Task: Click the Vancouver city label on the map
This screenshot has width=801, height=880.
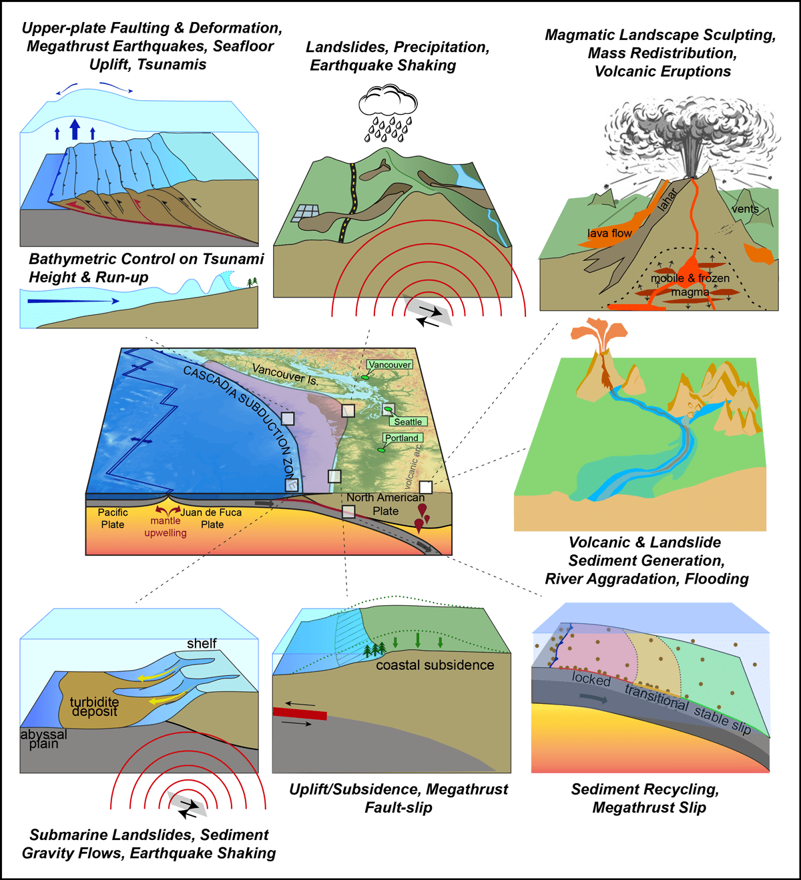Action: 390,365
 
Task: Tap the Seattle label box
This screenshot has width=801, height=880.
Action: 408,422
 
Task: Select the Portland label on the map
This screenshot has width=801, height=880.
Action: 402,438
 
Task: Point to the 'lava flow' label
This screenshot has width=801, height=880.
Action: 609,234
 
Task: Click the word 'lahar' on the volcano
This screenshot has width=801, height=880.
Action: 667,199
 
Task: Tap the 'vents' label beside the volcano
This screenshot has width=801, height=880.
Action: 745,209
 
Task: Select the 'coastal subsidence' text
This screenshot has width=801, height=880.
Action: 435,665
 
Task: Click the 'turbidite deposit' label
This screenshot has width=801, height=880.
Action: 95,707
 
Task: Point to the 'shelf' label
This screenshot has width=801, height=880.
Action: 202,643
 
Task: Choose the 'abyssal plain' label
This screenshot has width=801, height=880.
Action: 43,739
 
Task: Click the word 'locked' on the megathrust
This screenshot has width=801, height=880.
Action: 591,679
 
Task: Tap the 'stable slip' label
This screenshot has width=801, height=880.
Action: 722,720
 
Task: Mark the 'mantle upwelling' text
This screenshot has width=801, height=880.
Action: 166,526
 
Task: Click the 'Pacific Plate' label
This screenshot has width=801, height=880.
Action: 113,518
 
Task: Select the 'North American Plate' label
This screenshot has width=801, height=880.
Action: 385,504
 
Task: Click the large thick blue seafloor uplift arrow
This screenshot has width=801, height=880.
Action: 75,129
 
